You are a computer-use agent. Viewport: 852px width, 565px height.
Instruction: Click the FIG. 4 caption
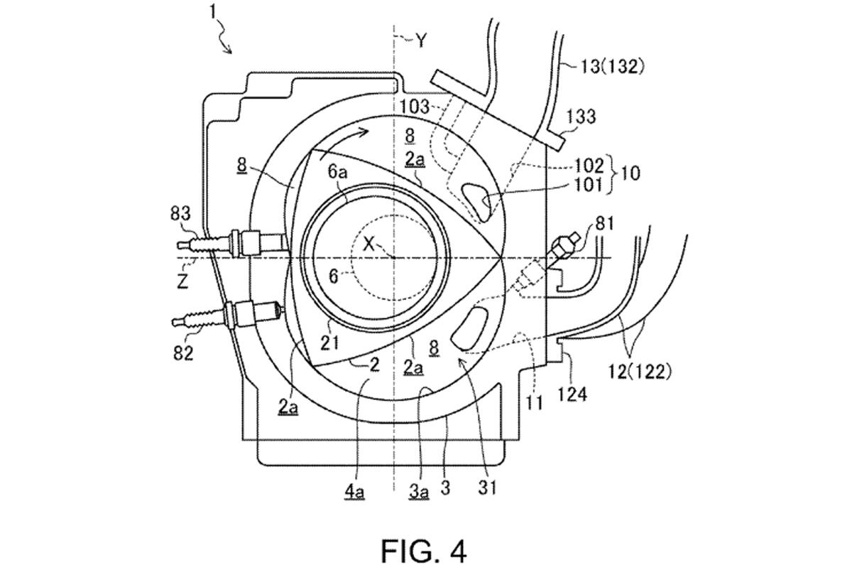[423, 550]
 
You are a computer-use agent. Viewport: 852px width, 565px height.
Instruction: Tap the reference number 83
[180, 215]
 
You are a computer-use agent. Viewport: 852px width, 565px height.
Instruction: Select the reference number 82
[183, 354]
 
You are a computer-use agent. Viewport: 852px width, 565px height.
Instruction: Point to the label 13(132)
[612, 68]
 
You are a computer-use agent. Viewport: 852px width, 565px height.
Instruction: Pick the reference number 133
[581, 117]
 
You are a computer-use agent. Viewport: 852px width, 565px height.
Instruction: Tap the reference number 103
[415, 107]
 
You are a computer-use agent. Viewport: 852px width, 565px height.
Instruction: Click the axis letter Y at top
[420, 41]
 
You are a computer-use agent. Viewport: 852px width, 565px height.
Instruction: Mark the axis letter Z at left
[183, 281]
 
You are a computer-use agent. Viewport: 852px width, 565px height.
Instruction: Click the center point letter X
[368, 244]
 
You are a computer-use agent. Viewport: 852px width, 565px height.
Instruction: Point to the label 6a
[338, 173]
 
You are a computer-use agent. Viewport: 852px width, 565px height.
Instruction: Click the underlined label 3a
[419, 492]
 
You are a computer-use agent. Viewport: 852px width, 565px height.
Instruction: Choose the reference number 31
[488, 488]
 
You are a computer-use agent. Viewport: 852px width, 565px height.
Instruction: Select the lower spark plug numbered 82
[227, 315]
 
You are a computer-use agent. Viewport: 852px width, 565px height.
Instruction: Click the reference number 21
[329, 344]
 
